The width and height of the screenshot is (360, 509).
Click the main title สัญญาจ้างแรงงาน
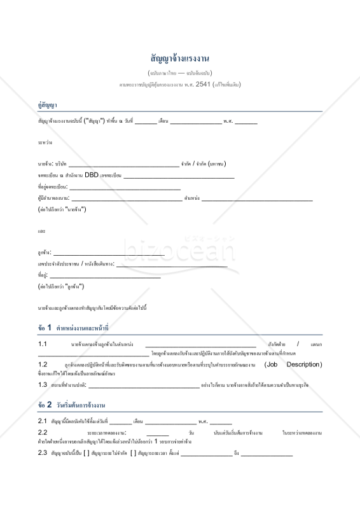coord(180,59)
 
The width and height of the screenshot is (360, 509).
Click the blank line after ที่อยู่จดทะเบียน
coord(125,189)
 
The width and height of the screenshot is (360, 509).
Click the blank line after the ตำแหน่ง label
coord(256,200)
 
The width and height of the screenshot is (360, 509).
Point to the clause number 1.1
coord(43,344)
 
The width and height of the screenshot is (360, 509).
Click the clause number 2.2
coord(43,433)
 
